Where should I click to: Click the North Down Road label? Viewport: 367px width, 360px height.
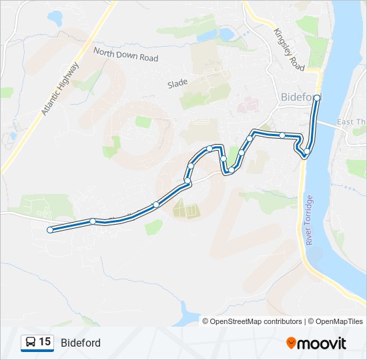pos(125,54)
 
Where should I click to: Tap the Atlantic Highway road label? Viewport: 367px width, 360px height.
pos(59,89)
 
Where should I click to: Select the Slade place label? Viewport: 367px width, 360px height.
pos(177,83)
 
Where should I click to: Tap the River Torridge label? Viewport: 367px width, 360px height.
pos(310,220)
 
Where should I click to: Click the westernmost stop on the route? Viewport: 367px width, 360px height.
pos(50,230)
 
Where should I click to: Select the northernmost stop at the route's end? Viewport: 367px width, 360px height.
pos(317,98)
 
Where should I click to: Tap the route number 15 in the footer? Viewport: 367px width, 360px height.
pos(45,342)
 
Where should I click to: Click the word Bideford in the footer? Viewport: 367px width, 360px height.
pos(81,343)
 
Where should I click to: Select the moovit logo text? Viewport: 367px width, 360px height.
pos(322,343)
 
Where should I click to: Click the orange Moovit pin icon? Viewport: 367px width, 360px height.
pos(292,343)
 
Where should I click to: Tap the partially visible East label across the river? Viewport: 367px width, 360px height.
pos(352,122)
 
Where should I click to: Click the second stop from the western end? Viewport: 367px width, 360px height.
pos(93,221)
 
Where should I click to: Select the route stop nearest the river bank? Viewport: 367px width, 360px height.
pos(306,155)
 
